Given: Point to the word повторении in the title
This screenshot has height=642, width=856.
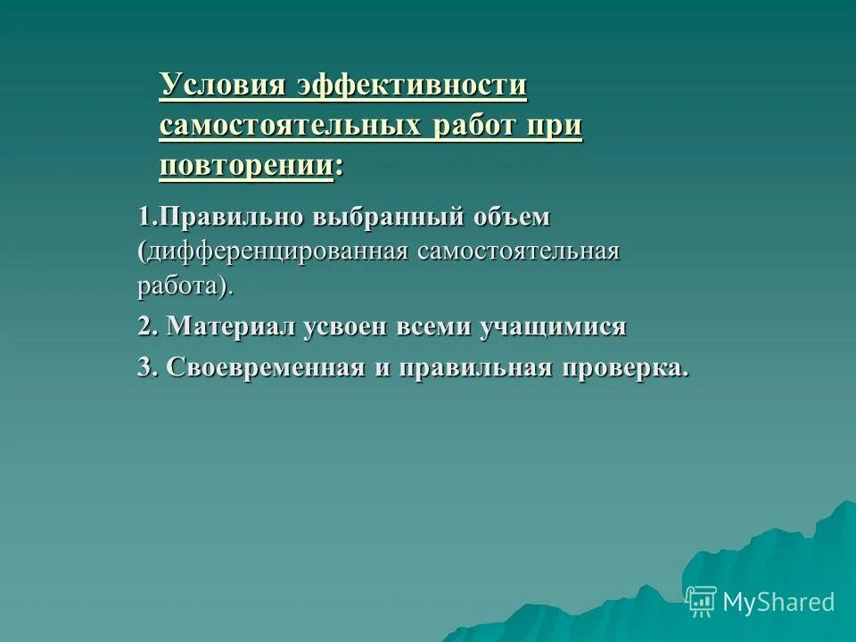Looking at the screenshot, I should (x=246, y=165).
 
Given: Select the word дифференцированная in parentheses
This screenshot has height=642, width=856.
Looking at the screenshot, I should (x=274, y=251).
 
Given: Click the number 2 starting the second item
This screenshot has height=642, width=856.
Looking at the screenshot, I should (x=144, y=327).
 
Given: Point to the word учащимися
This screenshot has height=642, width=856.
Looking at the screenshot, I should (x=553, y=327).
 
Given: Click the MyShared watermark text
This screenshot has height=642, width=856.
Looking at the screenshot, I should (x=778, y=602).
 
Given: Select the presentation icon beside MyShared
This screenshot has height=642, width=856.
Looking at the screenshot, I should (x=701, y=601).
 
